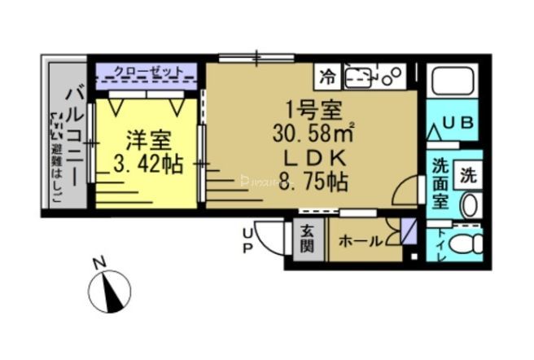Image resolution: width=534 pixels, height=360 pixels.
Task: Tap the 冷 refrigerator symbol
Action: click(x=327, y=78)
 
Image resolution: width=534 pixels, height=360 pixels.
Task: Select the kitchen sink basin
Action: click(x=359, y=78)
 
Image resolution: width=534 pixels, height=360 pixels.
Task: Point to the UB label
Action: click(x=457, y=124)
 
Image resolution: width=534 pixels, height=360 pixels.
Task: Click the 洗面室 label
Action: click(x=440, y=184)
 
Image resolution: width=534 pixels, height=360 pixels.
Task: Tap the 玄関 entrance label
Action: click(x=305, y=239)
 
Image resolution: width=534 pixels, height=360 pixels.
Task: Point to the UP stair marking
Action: click(x=247, y=242)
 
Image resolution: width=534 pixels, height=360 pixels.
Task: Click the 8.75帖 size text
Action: click(x=313, y=181)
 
